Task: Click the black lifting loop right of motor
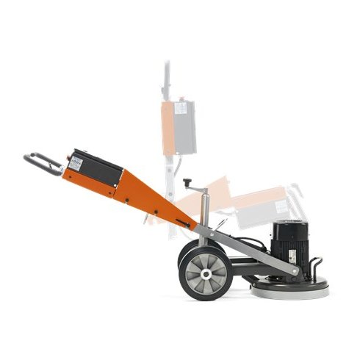(317, 263)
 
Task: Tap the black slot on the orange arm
(181, 222)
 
